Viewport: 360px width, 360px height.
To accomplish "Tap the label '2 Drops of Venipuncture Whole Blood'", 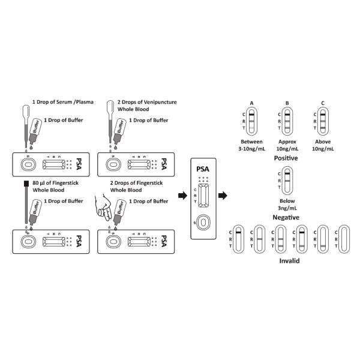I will pyautogui.click(x=146, y=106).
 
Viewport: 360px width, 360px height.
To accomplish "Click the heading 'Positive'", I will pyautogui.click(x=286, y=158).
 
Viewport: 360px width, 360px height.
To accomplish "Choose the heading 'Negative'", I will pyautogui.click(x=286, y=217).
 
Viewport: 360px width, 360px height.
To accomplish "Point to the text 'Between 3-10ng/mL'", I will pyautogui.click(x=252, y=145).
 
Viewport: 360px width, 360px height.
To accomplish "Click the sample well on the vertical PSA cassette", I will pyautogui.click(x=205, y=223).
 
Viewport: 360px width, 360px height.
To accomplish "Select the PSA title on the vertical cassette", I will pyautogui.click(x=205, y=169).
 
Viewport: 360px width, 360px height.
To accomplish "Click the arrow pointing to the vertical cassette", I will pyautogui.click(x=181, y=196).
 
